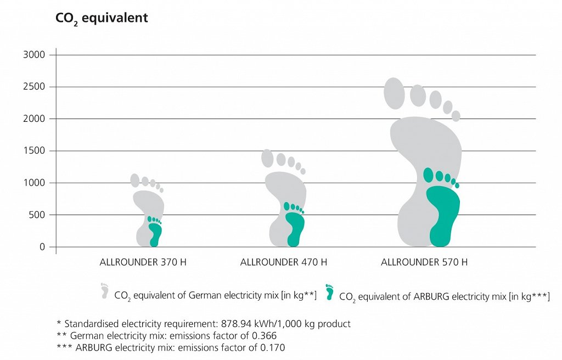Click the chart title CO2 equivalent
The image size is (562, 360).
(102, 18)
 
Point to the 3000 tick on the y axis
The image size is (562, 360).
(33, 55)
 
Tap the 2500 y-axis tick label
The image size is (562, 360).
(33, 87)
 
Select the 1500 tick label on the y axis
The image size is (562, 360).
(33, 151)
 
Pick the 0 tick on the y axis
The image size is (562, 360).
(42, 247)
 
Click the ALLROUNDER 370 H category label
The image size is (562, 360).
(143, 262)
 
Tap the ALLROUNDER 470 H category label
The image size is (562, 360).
(284, 262)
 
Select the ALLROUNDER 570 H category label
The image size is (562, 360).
(424, 262)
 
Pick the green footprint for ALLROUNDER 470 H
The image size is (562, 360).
(295, 228)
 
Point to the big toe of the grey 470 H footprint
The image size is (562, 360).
(267, 158)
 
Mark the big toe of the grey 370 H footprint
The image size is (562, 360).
(135, 180)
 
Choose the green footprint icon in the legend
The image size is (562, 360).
(329, 292)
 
